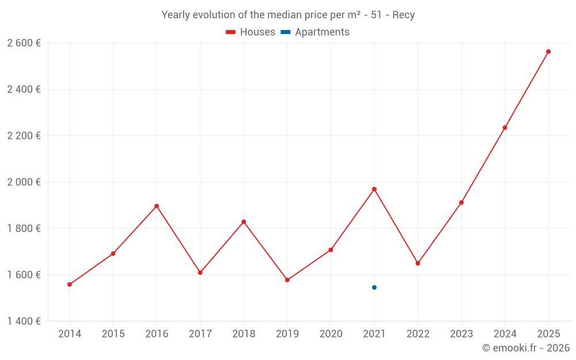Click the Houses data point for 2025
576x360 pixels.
548,52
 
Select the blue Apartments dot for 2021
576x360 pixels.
374,287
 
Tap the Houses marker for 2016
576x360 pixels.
157,206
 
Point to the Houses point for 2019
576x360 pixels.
287,280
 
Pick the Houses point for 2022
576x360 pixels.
418,263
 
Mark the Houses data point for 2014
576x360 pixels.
70,285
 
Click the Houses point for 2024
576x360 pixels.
505,128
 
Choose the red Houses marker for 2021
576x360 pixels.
374,189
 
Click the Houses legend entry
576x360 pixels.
251,32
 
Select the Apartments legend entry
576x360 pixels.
316,32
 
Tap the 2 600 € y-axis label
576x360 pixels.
24,43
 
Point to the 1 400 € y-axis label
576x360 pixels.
24,321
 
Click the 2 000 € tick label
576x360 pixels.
24,182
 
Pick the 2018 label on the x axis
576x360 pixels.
244,334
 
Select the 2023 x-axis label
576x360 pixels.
461,334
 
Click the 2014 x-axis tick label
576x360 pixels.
70,334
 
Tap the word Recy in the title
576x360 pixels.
403,15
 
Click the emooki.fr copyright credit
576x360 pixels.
526,348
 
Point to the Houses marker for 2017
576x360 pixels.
200,272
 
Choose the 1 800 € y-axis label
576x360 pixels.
24,229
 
